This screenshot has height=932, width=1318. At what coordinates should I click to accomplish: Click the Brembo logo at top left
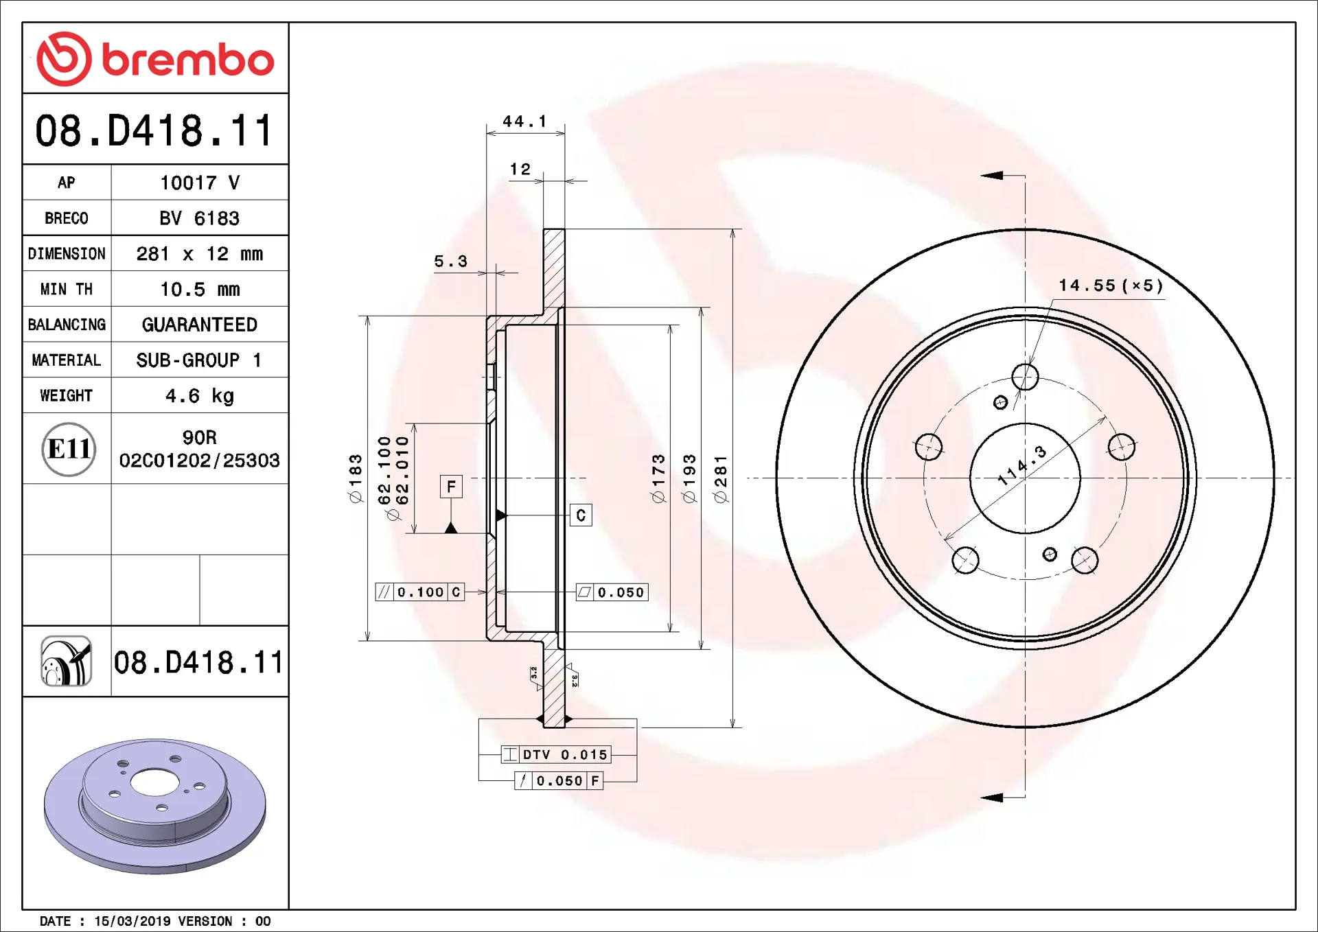pos(155,59)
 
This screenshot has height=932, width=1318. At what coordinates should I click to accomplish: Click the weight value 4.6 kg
pos(200,396)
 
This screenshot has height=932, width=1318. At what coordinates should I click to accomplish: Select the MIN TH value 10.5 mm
pos(200,290)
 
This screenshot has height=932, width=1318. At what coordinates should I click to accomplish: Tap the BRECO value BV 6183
pos(200,218)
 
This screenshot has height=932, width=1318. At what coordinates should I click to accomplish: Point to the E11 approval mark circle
pos(69,450)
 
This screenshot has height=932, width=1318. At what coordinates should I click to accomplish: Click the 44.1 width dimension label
pos(525,121)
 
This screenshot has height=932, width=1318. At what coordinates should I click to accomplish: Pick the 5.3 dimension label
pos(451,261)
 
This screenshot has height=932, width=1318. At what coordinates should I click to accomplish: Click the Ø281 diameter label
pos(720,479)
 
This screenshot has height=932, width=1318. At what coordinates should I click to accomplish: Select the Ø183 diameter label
pos(356,479)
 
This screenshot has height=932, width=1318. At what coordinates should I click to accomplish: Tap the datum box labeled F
pos(451,487)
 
